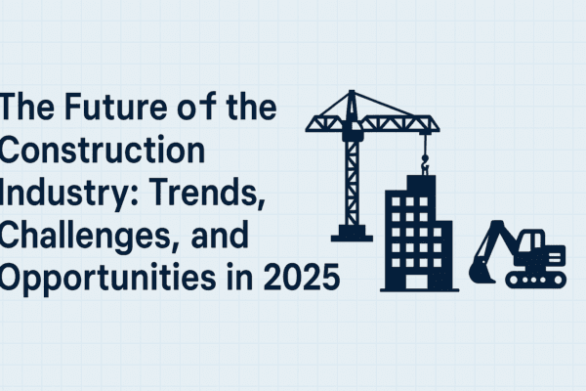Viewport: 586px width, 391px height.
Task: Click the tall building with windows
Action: tap(416, 230)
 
